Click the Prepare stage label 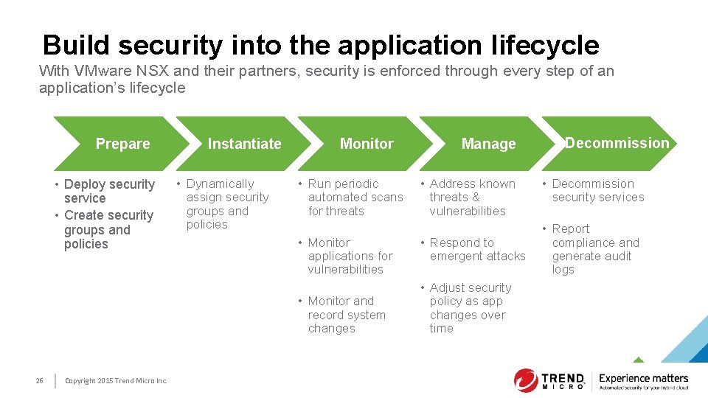coord(122,144)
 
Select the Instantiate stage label coord(244,144)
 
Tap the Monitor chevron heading coord(367,144)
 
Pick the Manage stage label coord(488,144)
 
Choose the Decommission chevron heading coord(617,143)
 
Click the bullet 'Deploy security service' coord(108,191)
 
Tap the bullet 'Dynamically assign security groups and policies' coord(226,204)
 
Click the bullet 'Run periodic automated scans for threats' coord(355,198)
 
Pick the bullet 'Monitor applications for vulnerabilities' coord(350,256)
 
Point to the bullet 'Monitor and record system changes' coord(346,315)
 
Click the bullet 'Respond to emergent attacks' coord(476,249)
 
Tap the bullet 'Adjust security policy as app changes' coord(469,308)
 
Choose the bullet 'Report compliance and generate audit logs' coord(594,249)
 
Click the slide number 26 coord(39,380)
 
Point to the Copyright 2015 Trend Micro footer coord(116,380)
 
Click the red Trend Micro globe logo coord(526,380)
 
